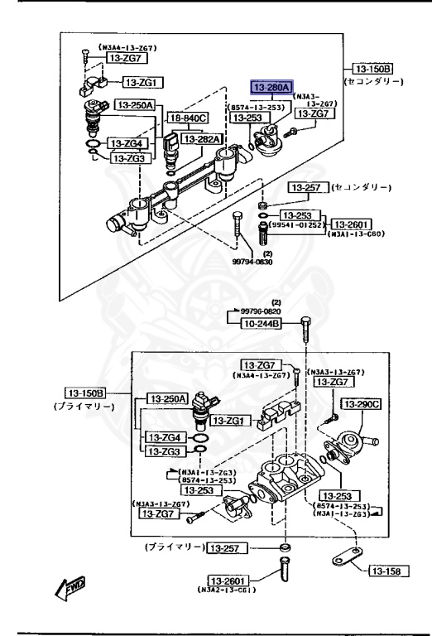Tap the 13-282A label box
[201, 139]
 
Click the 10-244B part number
[261, 323]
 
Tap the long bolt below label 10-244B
[305, 340]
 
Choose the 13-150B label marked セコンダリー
[374, 69]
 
